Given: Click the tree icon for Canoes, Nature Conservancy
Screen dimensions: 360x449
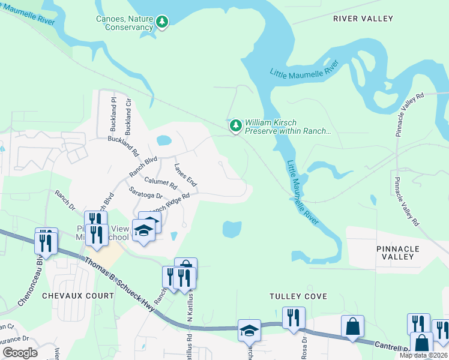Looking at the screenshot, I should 162,22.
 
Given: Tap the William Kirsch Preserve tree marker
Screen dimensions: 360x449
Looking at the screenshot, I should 236,126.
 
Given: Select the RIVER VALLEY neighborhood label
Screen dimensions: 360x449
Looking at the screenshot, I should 363,19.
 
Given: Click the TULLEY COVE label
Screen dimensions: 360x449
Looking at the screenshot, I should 298,296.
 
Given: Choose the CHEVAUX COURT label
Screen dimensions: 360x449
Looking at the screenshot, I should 78,296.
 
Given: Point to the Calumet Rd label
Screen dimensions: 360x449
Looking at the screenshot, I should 160,182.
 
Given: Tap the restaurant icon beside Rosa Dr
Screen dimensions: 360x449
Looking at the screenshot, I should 294,317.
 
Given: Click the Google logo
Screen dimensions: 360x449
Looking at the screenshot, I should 20,353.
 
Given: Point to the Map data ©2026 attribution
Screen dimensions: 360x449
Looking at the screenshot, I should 423,355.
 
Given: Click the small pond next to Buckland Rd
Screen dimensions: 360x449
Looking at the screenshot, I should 163,141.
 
